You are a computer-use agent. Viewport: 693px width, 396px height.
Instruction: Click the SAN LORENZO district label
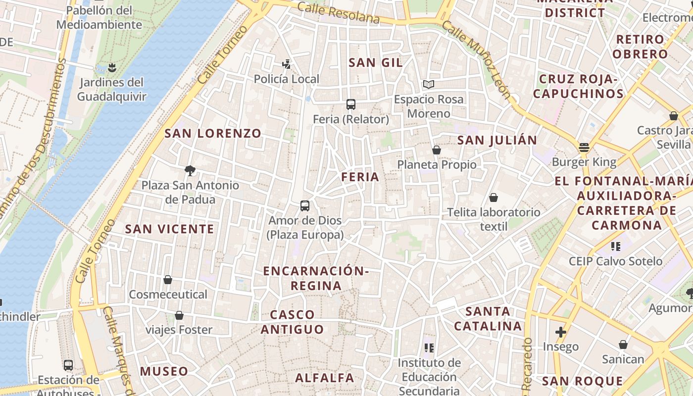pos(212,133)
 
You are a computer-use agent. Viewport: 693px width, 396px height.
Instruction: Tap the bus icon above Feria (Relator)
pos(351,104)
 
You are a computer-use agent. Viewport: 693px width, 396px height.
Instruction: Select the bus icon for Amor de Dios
pos(305,205)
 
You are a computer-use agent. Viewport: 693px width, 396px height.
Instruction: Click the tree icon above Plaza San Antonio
pos(190,171)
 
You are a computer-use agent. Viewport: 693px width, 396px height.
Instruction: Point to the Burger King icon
pos(584,147)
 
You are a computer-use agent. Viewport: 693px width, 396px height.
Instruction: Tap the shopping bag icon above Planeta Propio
pos(437,149)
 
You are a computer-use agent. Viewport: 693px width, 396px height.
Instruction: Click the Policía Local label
pos(286,79)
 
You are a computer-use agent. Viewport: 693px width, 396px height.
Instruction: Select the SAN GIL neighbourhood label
pos(376,62)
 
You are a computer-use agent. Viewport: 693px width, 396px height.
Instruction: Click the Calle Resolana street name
pos(339,13)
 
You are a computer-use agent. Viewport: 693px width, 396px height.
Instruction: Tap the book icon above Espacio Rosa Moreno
pos(428,85)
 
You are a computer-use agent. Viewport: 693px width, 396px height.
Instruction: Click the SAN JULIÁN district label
pos(497,140)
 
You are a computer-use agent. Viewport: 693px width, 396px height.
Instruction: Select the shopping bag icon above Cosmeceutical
pos(168,280)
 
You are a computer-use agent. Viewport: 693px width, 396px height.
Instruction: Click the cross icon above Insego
pos(560,332)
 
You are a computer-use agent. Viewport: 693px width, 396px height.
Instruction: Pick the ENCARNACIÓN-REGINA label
pos(316,278)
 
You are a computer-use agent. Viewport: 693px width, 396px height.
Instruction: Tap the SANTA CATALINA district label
pos(488,318)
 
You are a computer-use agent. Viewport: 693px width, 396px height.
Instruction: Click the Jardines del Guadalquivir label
pos(111,89)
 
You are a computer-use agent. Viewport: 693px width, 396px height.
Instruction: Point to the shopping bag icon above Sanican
pos(623,345)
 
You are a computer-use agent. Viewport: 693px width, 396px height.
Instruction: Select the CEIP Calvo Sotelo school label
pos(615,261)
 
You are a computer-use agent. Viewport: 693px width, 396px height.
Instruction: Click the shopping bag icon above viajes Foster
pos(179,315)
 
